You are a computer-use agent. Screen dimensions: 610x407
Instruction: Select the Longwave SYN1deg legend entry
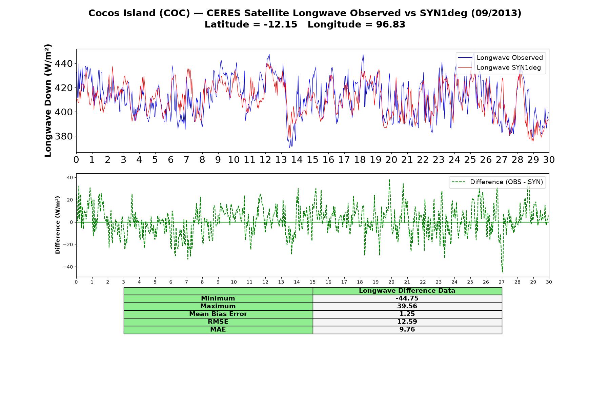click(x=500, y=67)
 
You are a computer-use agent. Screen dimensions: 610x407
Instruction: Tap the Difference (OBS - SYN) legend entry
click(x=497, y=182)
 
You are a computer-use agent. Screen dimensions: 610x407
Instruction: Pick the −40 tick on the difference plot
click(x=68, y=267)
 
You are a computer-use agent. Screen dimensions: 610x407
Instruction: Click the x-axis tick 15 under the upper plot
click(x=312, y=160)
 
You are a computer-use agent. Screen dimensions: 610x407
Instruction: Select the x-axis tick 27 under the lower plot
click(x=502, y=282)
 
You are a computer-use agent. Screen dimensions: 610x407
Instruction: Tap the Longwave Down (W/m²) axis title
click(x=48, y=100)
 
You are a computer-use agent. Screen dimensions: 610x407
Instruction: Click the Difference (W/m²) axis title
click(x=58, y=225)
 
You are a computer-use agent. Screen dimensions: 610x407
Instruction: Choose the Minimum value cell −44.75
click(x=407, y=298)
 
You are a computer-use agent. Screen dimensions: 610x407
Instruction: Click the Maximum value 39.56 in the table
click(x=407, y=306)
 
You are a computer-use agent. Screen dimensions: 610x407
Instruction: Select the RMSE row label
click(x=218, y=322)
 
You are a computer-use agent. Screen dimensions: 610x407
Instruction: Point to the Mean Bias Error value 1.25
click(x=407, y=314)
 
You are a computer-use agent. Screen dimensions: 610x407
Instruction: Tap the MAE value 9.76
click(x=407, y=330)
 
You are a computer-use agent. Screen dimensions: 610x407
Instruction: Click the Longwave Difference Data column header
click(x=407, y=291)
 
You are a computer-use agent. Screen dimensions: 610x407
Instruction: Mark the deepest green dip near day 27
click(x=502, y=272)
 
